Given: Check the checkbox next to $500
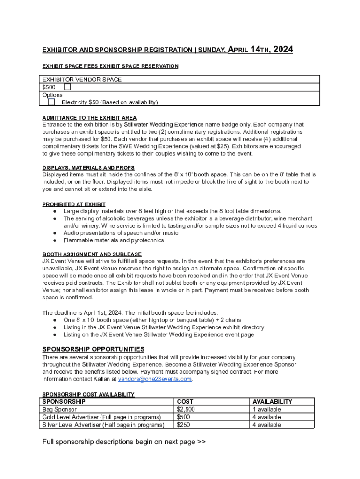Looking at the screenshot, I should (67, 87).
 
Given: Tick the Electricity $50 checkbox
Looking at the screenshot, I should (51, 102).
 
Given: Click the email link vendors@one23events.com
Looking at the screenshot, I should (155, 379).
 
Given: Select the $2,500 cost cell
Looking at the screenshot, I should (186, 409).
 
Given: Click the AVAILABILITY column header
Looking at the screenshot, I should (272, 401).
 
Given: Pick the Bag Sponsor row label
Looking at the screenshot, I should (59, 409).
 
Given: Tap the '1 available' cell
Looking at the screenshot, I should (266, 409).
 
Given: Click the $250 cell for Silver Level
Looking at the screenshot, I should (184, 425).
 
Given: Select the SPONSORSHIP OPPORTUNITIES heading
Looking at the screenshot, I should (94, 349).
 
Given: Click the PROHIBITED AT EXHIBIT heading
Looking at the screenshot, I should (74, 204).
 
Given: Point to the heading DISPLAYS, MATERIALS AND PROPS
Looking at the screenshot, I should (88, 167).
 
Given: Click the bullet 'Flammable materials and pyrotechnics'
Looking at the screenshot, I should (114, 240).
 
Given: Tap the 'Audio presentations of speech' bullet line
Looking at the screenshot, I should (121, 233).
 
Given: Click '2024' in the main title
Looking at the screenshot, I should (283, 50).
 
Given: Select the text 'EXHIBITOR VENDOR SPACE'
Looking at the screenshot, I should (82, 80).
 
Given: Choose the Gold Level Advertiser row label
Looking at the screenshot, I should (101, 417).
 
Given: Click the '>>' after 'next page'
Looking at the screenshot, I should (201, 442).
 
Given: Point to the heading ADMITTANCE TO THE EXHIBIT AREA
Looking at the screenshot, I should (89, 118).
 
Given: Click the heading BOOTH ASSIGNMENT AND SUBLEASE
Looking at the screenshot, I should (92, 254).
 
